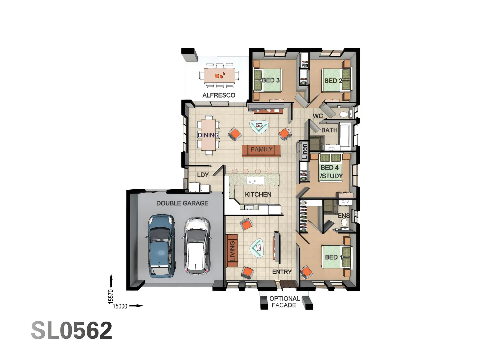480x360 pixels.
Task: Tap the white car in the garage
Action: click(x=197, y=246)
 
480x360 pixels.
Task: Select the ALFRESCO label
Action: click(x=219, y=95)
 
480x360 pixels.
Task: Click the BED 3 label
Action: click(x=270, y=80)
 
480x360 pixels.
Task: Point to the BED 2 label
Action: click(x=333, y=81)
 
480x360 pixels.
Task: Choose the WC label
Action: click(x=318, y=116)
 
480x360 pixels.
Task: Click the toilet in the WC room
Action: click(x=344, y=115)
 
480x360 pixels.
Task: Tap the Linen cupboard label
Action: click(x=304, y=151)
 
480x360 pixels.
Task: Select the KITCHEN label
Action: click(x=258, y=194)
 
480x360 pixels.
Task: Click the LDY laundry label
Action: click(x=203, y=175)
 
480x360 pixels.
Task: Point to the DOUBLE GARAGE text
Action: click(x=182, y=203)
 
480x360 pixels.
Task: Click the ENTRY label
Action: click(x=282, y=272)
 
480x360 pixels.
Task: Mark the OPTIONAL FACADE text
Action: click(x=284, y=302)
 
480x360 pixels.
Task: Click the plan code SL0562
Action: click(x=72, y=330)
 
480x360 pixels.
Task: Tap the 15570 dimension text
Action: click(x=111, y=296)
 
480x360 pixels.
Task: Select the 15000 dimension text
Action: click(x=120, y=306)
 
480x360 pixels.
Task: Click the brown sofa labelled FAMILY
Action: click(x=261, y=150)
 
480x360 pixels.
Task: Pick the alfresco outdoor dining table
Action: click(x=219, y=75)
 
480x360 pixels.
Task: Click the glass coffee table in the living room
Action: click(x=257, y=248)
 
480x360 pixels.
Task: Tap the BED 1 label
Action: click(x=333, y=257)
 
